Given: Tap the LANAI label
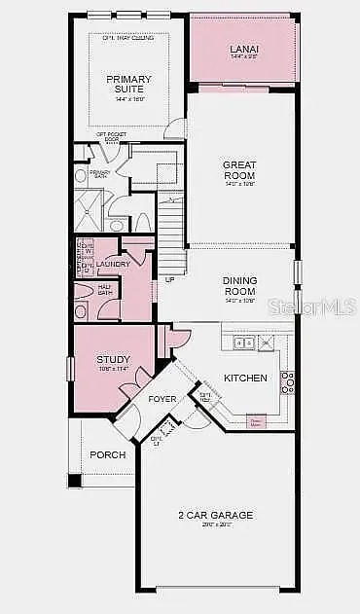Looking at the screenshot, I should pyautogui.click(x=243, y=50).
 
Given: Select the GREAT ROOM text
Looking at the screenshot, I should pyautogui.click(x=239, y=169).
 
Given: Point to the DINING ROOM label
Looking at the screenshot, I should pyautogui.click(x=239, y=285).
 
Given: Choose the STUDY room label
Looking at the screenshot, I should pyautogui.click(x=113, y=360).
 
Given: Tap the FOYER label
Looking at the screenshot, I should pyautogui.click(x=162, y=400).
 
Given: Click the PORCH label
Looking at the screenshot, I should pyautogui.click(x=108, y=454).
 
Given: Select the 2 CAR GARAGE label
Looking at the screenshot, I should pyautogui.click(x=215, y=515).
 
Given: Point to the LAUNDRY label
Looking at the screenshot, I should pyautogui.click(x=113, y=264).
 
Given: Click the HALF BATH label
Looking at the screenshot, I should pyautogui.click(x=104, y=289).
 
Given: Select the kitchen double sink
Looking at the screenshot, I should pyautogui.click(x=243, y=341).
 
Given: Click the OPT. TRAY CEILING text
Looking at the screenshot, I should pyautogui.click(x=129, y=39).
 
